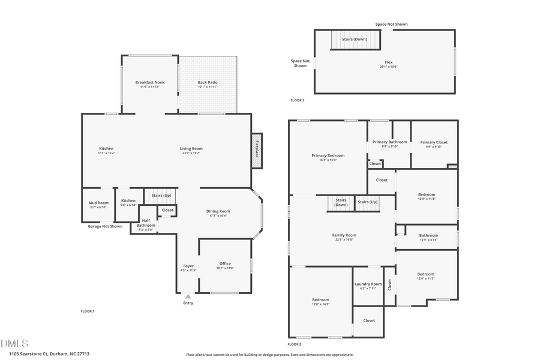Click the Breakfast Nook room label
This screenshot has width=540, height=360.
149,82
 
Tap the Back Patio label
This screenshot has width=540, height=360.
208,82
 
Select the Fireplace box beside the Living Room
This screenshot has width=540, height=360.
257,150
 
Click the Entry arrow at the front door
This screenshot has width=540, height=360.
188,296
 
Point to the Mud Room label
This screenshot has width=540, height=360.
98,203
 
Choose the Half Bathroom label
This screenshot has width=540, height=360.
146,223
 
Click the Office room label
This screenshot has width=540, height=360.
225,263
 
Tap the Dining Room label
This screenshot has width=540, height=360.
219,211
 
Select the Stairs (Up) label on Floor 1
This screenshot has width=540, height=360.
161,196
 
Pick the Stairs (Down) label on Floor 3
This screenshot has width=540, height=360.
354,39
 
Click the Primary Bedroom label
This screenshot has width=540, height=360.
328,155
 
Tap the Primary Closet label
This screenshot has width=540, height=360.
433,142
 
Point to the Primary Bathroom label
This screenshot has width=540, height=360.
389,142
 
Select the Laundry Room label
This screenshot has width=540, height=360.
368,284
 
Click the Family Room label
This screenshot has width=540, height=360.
344,235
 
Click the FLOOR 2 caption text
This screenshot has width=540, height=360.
294,344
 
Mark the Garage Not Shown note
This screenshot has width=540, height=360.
105,226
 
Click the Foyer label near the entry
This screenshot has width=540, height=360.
188,266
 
